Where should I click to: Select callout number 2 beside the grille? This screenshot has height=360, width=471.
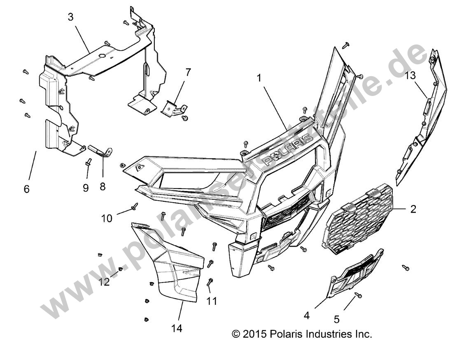(x=413, y=209)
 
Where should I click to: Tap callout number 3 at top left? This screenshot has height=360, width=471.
(x=71, y=18)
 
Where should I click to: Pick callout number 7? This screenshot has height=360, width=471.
(x=188, y=72)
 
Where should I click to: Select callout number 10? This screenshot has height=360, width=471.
(x=107, y=218)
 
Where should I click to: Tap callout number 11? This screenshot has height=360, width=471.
(x=211, y=302)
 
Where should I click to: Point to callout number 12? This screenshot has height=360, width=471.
(x=104, y=282)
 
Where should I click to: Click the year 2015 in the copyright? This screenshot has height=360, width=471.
(x=256, y=334)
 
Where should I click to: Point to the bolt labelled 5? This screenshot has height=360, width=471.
(x=358, y=295)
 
